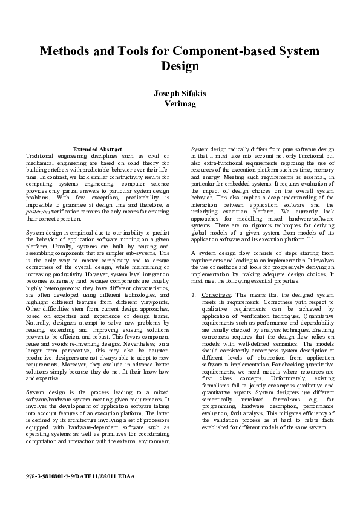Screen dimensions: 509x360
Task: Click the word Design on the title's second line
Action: (180, 66)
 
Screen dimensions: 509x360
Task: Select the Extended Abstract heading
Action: (97, 149)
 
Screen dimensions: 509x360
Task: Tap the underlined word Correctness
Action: (212, 294)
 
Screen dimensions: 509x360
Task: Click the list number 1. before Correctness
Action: (194, 294)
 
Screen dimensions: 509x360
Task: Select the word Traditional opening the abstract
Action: (42, 155)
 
